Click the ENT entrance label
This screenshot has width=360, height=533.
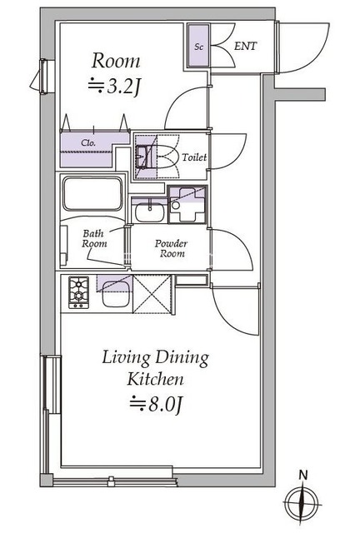click(x=245, y=46)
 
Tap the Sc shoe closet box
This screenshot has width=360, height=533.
click(x=198, y=45)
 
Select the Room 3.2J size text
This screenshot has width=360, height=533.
click(x=115, y=87)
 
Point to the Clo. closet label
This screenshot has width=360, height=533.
click(x=88, y=142)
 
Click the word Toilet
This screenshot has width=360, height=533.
click(x=194, y=157)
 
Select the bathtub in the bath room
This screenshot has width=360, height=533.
click(x=92, y=194)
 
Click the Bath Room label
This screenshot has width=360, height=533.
click(x=94, y=239)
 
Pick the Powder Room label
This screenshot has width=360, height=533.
click(x=171, y=248)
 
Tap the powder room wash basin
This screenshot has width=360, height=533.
click(x=150, y=212)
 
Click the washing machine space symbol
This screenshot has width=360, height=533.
click(x=187, y=204)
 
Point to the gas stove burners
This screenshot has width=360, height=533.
click(x=79, y=292)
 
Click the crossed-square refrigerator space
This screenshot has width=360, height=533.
click(x=152, y=294)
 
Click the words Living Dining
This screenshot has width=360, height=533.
click(x=156, y=358)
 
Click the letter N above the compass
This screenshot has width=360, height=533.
click(x=302, y=475)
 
